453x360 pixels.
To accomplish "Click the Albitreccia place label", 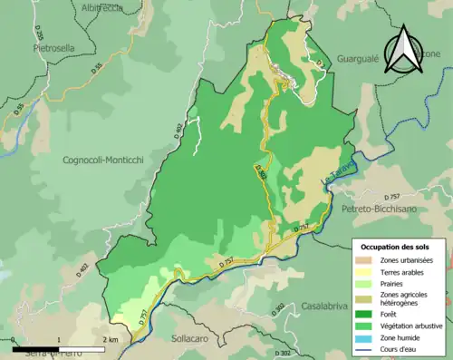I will (101, 8).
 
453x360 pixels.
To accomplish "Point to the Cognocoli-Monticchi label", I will (103, 161).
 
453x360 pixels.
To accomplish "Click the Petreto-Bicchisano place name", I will (383, 209).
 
